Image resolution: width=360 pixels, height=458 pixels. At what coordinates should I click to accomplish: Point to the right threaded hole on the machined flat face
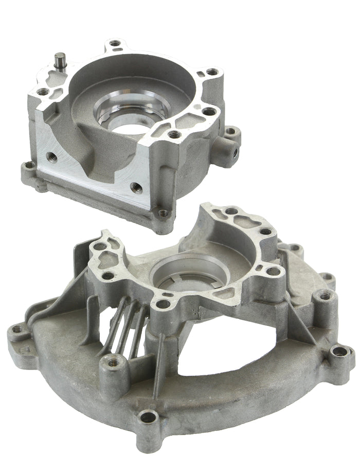[x=136, y=187]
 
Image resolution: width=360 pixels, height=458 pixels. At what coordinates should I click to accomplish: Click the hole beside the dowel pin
[x=44, y=92]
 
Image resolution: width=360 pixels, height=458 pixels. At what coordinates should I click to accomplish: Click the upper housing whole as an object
[x=129, y=129]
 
